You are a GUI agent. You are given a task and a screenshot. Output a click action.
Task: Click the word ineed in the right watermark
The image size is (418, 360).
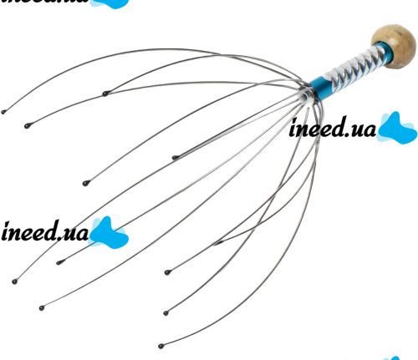pos(317,128)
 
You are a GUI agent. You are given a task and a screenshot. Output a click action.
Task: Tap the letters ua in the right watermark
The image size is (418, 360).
pos(362,130)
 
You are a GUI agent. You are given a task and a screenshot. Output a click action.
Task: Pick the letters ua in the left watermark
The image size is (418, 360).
pos(74,234)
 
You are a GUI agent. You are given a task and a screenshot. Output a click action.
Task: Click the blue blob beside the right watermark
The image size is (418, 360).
pos(397,129)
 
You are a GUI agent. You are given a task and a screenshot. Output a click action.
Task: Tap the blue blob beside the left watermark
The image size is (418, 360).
pos(109,233)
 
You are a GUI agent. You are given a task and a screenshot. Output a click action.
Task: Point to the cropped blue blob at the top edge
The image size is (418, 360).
pos(110,3)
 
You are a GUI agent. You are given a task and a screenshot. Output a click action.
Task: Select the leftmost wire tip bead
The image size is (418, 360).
pos(3,112)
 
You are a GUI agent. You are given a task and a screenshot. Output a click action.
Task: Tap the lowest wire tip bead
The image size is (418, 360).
pos(161,347)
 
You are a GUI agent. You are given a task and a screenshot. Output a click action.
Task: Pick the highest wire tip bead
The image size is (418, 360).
pos(104,94)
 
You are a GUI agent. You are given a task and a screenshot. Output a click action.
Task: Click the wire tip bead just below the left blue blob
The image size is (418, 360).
pos(59,262)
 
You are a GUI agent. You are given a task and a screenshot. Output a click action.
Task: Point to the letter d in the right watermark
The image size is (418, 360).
pos(338,128)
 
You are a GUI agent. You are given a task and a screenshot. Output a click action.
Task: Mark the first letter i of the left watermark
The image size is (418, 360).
pos(6,231)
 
